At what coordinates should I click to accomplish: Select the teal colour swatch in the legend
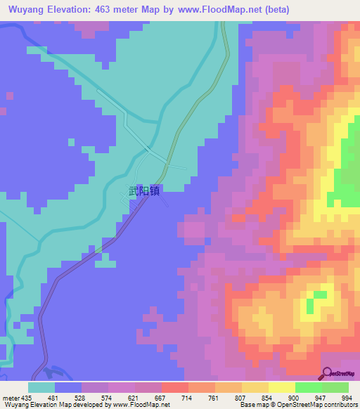(x=41, y=387)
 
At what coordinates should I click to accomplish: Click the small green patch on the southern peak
(x=320, y=294)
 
